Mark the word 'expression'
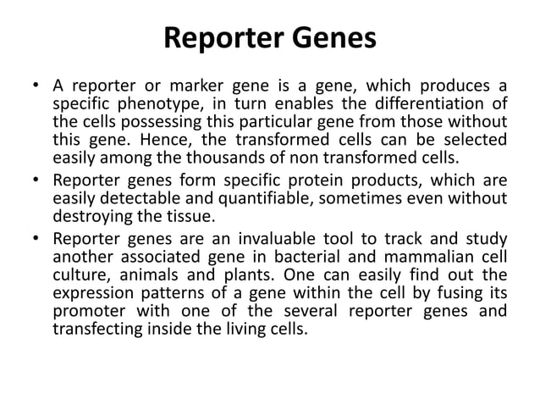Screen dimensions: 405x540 pyautogui.click(x=94, y=291)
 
